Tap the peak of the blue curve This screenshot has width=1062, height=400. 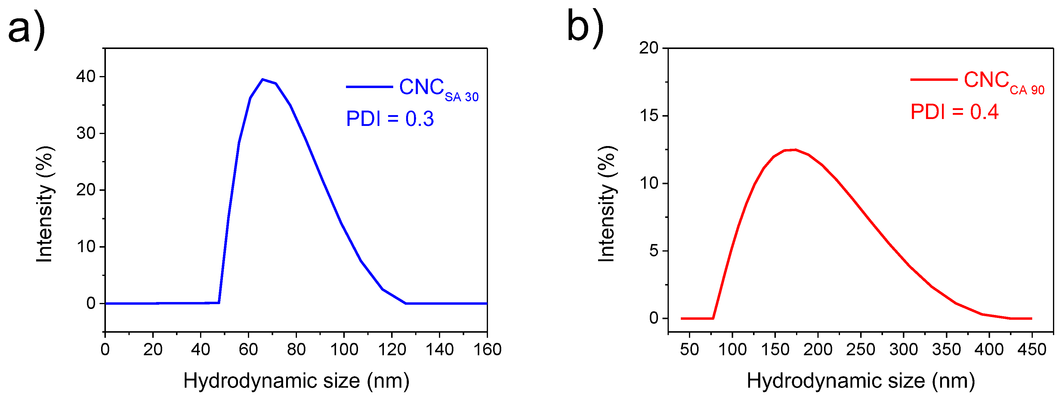[x=263, y=80]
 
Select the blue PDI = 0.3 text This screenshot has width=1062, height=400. [x=390, y=119]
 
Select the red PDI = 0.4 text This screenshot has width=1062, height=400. [x=954, y=112]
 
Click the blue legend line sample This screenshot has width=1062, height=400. [x=369, y=87]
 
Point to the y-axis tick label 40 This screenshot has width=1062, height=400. [x=85, y=77]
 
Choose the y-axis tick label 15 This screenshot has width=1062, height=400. [x=649, y=116]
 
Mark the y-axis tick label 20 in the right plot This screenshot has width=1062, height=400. [x=649, y=48]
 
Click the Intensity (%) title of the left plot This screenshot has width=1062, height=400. [x=45, y=204]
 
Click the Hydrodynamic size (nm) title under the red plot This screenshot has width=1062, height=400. [x=860, y=381]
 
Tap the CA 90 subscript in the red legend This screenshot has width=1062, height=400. [x=1026, y=90]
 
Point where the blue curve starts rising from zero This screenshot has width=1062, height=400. [x=219, y=303]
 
